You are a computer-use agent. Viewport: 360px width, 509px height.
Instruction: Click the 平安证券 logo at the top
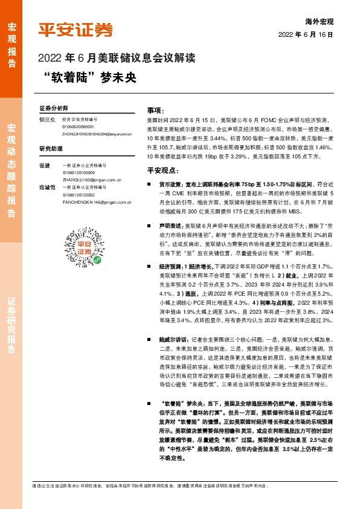(x=76, y=30)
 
